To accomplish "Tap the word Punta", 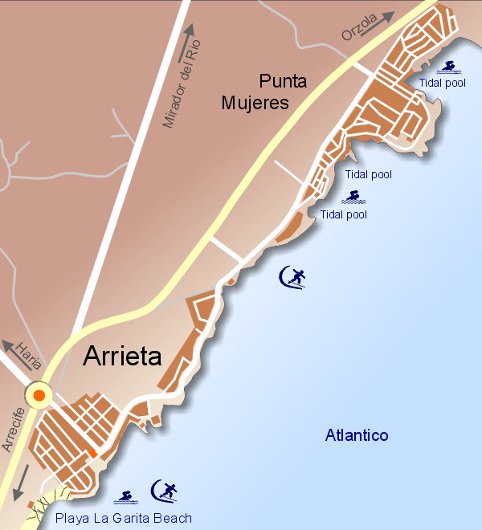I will [279, 81].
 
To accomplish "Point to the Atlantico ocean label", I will [357, 436].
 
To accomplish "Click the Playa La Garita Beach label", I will [123, 518].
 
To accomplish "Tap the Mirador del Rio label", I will [179, 88].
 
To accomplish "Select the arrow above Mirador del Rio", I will [191, 33].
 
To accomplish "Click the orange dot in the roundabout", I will [39, 395].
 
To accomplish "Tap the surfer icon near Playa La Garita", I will [165, 489].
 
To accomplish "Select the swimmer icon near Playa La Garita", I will [125, 497].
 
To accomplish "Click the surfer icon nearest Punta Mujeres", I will [292, 277].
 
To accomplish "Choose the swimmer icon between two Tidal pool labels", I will [352, 195].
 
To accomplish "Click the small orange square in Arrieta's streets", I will [93, 455].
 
